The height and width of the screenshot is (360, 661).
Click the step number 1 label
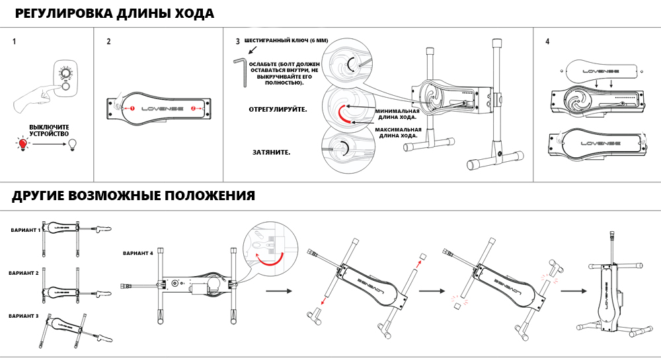pos(15,42)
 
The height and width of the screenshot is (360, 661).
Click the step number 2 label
pos(108,42)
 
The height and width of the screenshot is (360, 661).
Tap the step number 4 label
pos(547,42)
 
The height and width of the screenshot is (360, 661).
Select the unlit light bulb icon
pos(73,143)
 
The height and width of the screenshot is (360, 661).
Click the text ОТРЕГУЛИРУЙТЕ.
pos(278,108)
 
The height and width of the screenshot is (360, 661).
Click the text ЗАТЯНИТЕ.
pos(271,152)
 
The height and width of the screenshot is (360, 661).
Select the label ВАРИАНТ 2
pos(23,273)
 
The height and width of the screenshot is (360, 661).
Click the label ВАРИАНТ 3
pos(23,316)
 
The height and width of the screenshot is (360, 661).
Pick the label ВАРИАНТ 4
pos(138,253)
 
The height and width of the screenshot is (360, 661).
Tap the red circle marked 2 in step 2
pos(193,107)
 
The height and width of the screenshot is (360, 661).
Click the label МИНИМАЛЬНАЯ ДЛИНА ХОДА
pos(397,114)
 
